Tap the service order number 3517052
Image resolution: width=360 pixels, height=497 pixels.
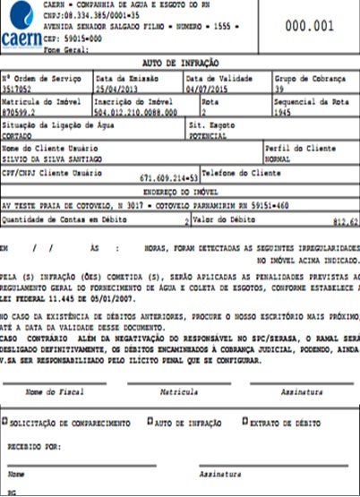20,90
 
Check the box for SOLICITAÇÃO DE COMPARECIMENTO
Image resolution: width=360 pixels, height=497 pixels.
5,420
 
